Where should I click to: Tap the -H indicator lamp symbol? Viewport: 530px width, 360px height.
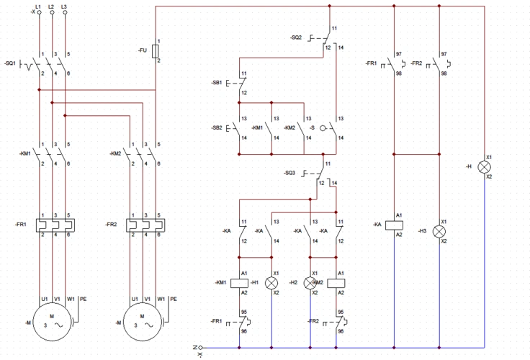click(x=485, y=166)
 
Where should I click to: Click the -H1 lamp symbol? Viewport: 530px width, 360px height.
click(x=273, y=283)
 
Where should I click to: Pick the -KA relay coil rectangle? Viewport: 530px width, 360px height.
click(x=395, y=224)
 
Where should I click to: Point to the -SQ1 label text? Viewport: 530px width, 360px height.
click(x=10, y=63)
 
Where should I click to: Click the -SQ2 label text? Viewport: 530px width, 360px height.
click(x=296, y=37)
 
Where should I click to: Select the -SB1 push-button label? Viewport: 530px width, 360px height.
click(x=217, y=84)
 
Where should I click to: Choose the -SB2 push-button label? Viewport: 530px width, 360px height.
click(x=217, y=127)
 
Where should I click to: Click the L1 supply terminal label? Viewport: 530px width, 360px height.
click(x=38, y=6)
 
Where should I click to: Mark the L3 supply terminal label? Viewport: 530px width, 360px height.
click(x=65, y=6)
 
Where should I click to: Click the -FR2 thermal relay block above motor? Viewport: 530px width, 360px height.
click(x=143, y=224)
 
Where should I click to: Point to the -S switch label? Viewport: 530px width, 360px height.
click(x=311, y=127)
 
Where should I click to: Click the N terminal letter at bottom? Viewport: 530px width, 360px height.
click(x=194, y=348)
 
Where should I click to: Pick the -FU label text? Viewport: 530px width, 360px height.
click(x=143, y=50)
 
